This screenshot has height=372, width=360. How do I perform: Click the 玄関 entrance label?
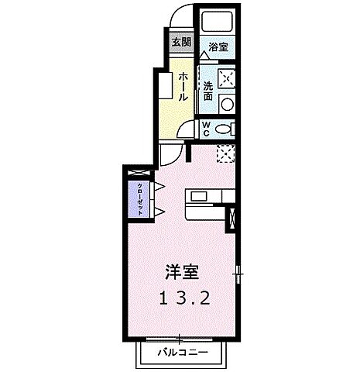[x=180, y=42]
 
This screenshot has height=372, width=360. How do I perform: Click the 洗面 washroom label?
[x=208, y=91]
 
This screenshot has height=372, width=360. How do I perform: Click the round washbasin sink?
[x=225, y=103]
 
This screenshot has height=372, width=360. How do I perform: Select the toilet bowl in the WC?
[x=223, y=129]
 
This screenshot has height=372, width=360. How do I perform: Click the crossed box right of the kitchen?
[x=230, y=219]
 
